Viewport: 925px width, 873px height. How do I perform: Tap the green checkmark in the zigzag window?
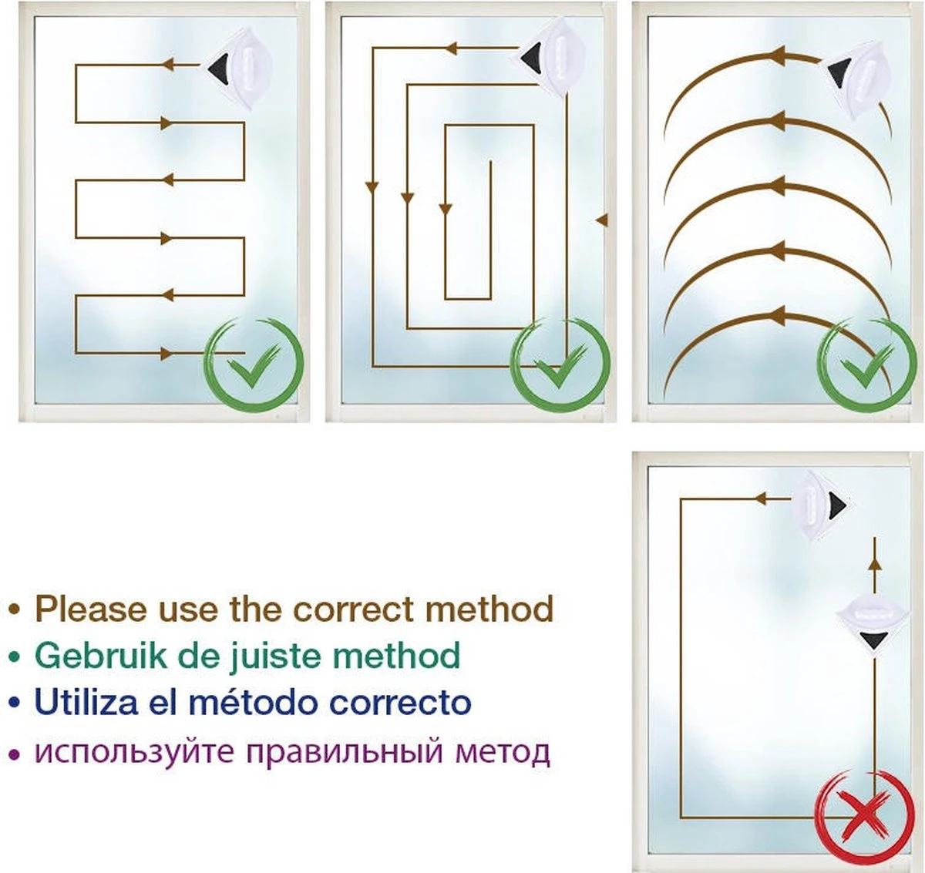click(254, 367)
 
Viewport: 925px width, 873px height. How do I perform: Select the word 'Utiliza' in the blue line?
click(86, 701)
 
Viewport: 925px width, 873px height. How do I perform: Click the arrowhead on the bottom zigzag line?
click(166, 354)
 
